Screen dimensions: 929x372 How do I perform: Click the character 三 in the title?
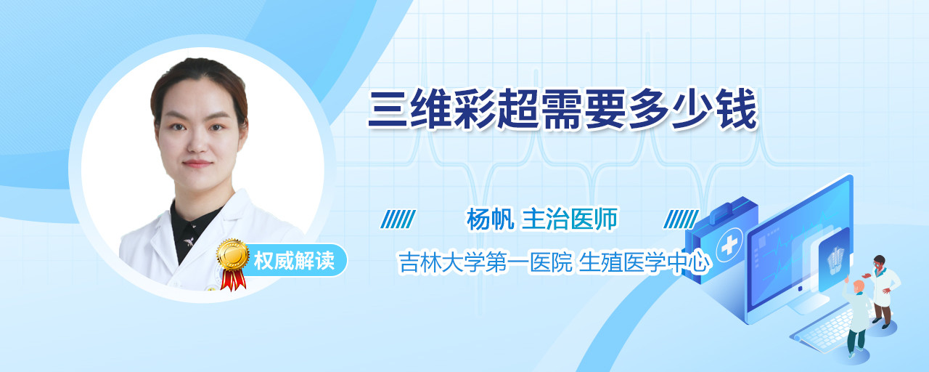click(x=388, y=109)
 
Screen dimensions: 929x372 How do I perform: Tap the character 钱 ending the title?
click(x=738, y=109)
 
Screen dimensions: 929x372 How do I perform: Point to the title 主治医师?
click(x=570, y=219)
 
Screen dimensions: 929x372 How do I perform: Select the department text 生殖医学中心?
click(x=644, y=262)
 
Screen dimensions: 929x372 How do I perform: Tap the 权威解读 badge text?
click(x=294, y=261)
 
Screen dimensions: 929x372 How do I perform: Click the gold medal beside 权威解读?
click(x=233, y=254)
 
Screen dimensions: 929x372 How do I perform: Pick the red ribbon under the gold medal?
click(x=233, y=280)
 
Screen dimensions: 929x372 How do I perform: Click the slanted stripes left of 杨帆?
click(x=398, y=219)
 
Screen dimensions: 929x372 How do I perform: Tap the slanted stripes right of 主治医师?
click(x=682, y=219)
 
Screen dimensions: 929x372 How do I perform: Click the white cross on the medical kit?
click(x=729, y=246)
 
